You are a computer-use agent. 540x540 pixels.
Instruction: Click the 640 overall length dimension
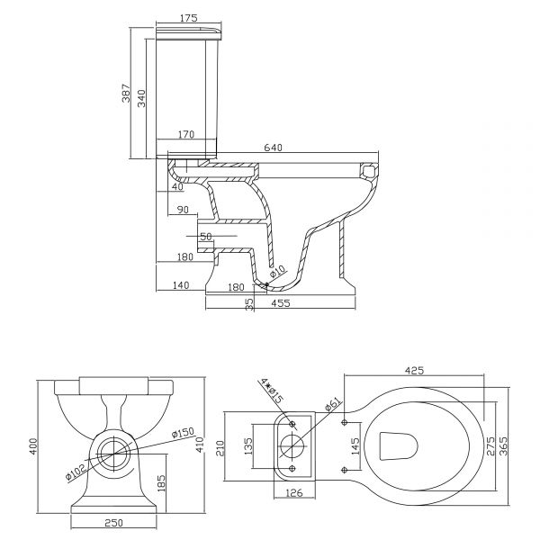[x=273, y=148]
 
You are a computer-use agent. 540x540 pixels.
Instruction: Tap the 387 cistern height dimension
[x=126, y=93]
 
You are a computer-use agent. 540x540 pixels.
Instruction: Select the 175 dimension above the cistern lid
[x=188, y=18]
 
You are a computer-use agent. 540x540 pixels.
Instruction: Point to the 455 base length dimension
[x=281, y=303]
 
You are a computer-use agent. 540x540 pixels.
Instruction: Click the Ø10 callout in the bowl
[x=277, y=271]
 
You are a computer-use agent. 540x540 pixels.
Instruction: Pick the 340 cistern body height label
[x=141, y=98]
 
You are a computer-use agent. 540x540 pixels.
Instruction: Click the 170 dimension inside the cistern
[x=186, y=134]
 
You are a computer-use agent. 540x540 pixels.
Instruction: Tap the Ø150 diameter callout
[x=184, y=433]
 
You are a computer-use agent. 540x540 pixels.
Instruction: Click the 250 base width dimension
[x=113, y=523]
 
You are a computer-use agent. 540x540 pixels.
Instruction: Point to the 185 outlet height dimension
[x=161, y=482]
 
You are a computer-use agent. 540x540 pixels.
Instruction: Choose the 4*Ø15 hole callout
[x=272, y=391]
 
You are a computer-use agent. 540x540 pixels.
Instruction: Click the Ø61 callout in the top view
[x=333, y=404]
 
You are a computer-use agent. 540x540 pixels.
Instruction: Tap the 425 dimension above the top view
[x=414, y=371]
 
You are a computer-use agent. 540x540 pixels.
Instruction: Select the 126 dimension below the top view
[x=294, y=493]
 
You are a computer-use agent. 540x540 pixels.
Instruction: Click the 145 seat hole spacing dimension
[x=355, y=446]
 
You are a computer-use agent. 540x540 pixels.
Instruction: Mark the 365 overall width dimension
[x=503, y=446]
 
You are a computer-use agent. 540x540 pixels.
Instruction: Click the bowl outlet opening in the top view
[x=398, y=446]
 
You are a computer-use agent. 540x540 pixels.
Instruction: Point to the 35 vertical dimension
[x=249, y=304]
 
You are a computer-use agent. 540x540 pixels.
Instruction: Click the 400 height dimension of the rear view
[x=33, y=446]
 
